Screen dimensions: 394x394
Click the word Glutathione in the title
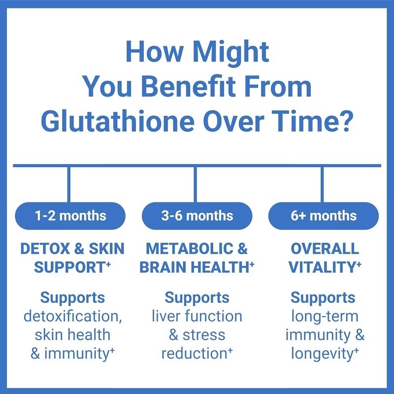pos(118,121)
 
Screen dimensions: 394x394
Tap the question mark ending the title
pos(343,121)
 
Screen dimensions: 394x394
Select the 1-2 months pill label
pos(70,216)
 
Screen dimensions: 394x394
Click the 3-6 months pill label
pos(197,216)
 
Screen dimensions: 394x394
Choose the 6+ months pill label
pos(324,216)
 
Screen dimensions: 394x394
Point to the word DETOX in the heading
pos(45,249)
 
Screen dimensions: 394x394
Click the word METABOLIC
pos(189,249)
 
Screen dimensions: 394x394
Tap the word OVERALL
pos(325,249)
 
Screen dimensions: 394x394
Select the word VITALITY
pos(322,267)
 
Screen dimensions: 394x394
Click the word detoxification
pos(71,316)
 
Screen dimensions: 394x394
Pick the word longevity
pos(322,354)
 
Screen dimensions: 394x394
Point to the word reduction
pos(194,354)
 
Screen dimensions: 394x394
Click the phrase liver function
pos(197,316)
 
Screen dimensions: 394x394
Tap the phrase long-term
pos(325,317)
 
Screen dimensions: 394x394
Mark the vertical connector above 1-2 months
pos(69,184)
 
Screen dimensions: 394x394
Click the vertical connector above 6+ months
pos(322,184)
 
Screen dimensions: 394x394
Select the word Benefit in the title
pos(189,87)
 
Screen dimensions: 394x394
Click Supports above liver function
pos(197,298)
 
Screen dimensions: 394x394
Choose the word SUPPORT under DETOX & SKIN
pos(69,267)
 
